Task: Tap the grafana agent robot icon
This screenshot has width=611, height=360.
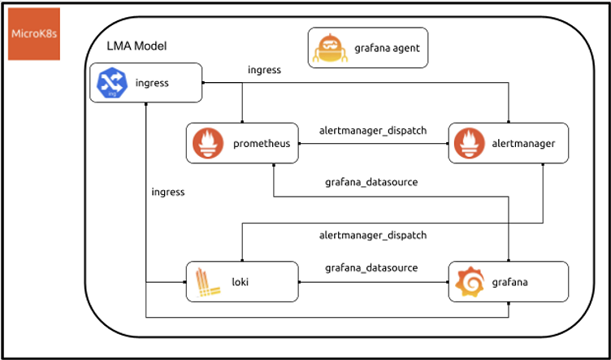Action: [330, 48]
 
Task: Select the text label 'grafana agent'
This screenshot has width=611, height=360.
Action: [386, 48]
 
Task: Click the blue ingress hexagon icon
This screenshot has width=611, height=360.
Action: [110, 83]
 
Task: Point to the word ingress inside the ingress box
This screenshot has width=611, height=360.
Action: [152, 83]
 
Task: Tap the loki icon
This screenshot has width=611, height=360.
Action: [206, 281]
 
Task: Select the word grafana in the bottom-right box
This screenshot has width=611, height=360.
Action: [509, 282]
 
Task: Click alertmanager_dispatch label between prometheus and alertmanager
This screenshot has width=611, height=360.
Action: [374, 130]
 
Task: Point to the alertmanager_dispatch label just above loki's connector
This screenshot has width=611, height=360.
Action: [374, 235]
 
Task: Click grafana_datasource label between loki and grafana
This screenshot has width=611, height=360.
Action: [371, 267]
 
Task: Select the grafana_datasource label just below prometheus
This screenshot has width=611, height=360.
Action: [371, 182]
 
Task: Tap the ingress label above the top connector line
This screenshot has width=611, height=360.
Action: [264, 70]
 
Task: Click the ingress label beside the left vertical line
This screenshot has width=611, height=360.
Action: [168, 193]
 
